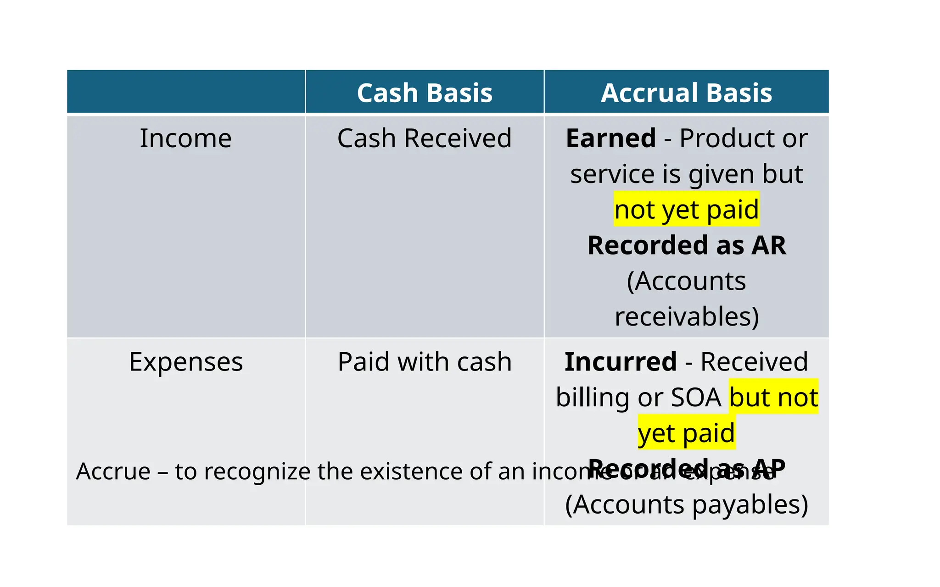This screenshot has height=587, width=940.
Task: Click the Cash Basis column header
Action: tap(425, 93)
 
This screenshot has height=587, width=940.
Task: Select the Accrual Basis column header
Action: tap(686, 93)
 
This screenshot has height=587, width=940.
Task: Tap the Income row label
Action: tap(185, 138)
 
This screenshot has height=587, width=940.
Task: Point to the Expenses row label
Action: tap(186, 362)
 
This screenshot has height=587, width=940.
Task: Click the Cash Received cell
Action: tap(425, 138)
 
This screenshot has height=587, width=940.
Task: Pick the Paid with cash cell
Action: tap(425, 362)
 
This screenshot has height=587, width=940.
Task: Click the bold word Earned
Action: tap(611, 138)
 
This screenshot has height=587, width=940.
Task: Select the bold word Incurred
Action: tap(621, 362)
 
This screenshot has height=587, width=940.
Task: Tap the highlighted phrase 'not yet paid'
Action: tap(687, 210)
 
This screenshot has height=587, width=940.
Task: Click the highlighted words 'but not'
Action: tap(773, 397)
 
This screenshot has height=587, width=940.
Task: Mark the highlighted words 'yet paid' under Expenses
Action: tap(686, 433)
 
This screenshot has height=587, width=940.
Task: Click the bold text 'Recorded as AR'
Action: tap(687, 245)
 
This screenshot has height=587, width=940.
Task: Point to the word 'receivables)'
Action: tap(687, 316)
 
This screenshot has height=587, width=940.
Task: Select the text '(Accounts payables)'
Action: tap(687, 504)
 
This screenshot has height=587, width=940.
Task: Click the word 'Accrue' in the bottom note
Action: tap(113, 471)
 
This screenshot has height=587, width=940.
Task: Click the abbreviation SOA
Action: tap(696, 398)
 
